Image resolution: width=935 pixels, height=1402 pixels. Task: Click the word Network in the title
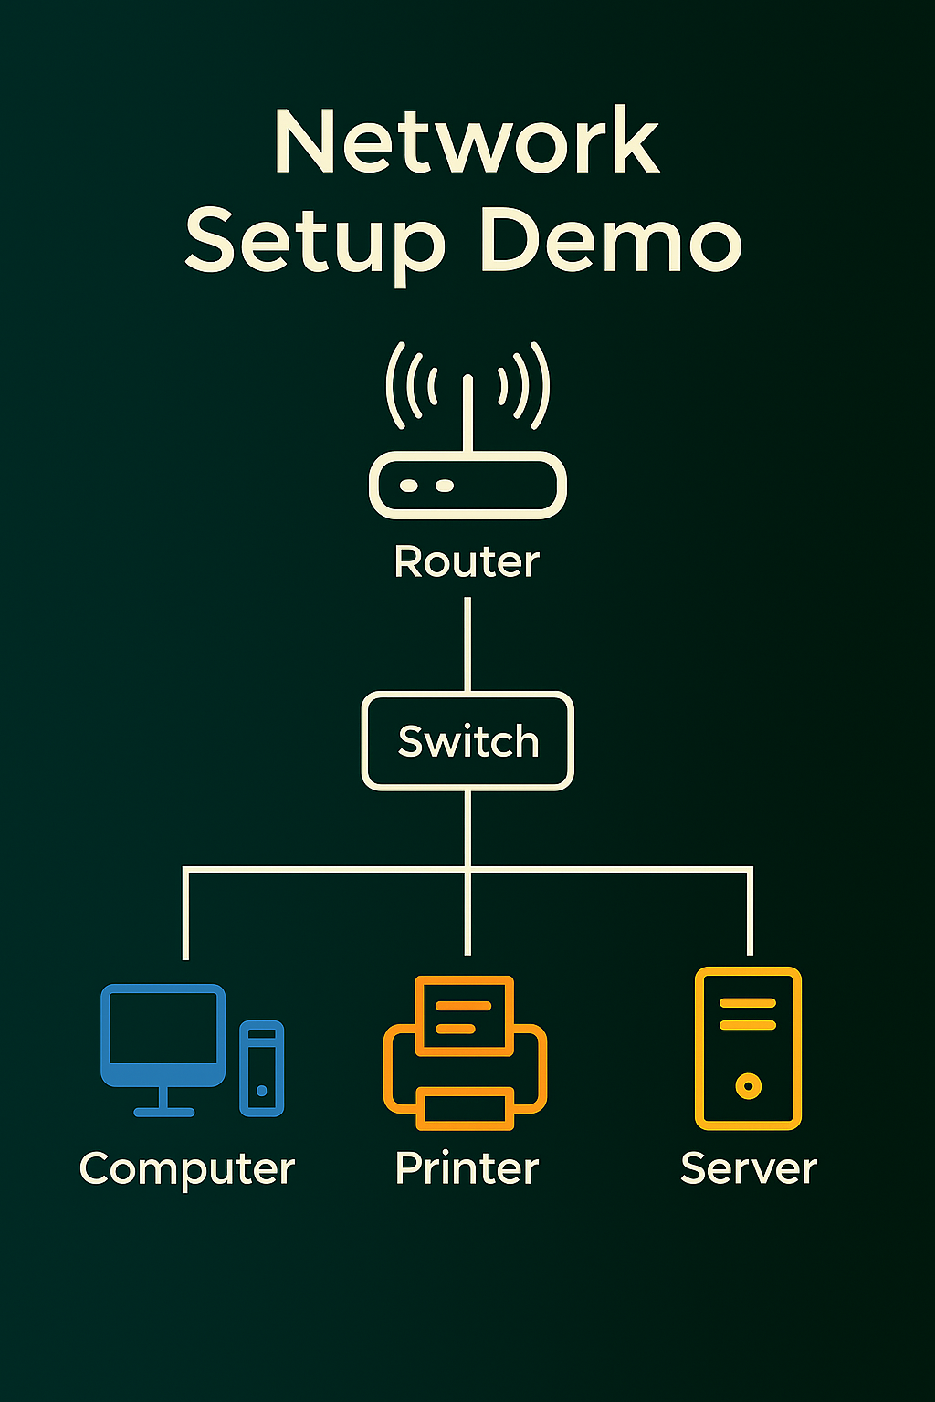467,141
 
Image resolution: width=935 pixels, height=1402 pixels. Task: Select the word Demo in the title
610,240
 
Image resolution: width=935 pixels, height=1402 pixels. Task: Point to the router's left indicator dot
410,486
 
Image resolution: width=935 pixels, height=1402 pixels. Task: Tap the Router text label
467,561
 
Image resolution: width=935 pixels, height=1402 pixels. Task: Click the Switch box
467,740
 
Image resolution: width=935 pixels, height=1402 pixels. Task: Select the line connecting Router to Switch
467,644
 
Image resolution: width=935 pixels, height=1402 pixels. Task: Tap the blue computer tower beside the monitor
261,1068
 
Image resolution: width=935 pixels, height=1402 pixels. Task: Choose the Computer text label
187,1168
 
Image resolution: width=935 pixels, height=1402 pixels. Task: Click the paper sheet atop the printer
464,1012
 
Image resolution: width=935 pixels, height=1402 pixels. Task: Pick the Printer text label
467,1168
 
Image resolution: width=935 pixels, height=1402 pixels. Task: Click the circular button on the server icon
748,1086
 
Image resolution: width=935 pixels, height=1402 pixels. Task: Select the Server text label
749,1168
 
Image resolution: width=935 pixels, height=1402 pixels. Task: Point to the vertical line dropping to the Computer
185,913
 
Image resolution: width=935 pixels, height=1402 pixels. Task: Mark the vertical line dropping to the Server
750,913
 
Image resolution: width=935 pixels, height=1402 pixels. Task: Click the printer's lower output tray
465,1108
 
